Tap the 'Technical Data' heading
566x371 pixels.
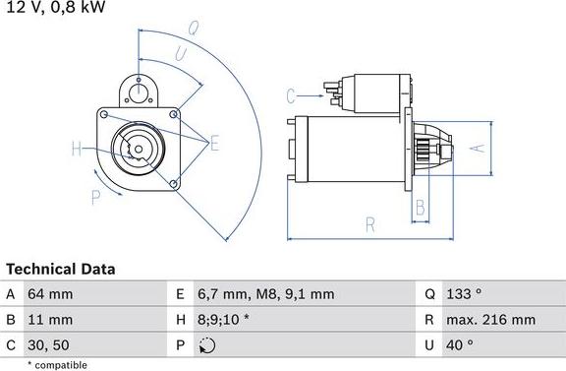point(61,269)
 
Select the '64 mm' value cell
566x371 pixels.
point(50,294)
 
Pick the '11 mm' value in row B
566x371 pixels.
point(49,320)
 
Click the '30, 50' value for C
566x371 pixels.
point(49,345)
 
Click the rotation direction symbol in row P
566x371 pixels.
point(206,345)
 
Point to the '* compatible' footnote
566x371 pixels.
point(59,364)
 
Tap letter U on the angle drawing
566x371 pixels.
point(180,54)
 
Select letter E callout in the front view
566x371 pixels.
point(214,145)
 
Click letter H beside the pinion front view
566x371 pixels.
point(77,150)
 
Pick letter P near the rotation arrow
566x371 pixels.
point(96,198)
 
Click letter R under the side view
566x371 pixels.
point(370,225)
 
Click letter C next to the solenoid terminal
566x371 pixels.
point(291,95)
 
